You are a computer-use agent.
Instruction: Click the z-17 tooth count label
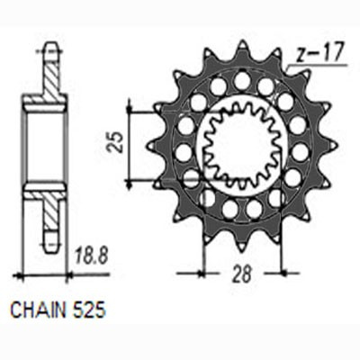318,53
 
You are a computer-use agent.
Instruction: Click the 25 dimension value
116,142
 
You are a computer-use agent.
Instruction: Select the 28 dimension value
242,274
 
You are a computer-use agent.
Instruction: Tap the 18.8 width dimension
91,256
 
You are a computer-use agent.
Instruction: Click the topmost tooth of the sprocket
242,47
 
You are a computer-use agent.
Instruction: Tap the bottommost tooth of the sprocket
242,245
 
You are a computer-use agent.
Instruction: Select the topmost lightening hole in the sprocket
242,80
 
